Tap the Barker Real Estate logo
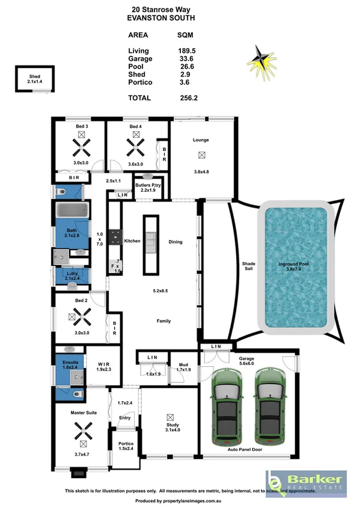click(305, 482)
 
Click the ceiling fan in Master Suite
click(81, 430)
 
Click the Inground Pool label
click(293, 264)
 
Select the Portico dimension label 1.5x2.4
click(126, 448)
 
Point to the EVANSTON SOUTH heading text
click(161, 19)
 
